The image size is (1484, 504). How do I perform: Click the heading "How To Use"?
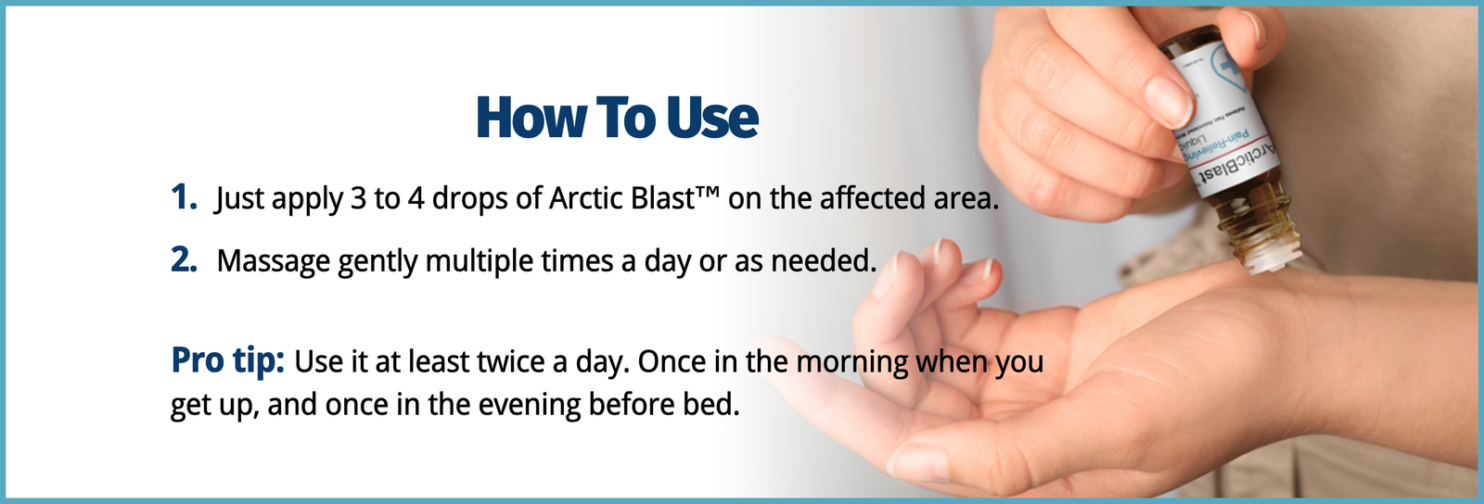click(x=617, y=119)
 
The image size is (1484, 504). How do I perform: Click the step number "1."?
click(x=184, y=197)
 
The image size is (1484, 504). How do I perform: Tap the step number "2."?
click(x=184, y=260)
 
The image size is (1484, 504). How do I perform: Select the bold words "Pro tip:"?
click(x=227, y=360)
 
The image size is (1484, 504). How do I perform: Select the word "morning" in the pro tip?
click(x=852, y=362)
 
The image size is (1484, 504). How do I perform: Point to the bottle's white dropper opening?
click(x=1266, y=260)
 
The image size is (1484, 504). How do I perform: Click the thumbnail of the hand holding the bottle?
click(x=1170, y=100)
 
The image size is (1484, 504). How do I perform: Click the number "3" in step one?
click(x=358, y=198)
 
